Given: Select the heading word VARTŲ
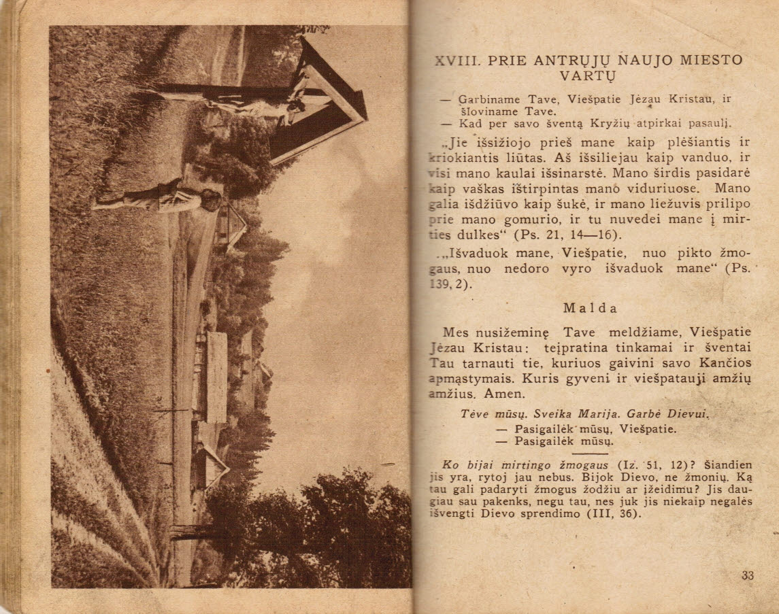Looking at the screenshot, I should pos(587,75).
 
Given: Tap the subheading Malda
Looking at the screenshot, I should pos(590,307).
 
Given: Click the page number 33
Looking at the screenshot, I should pos(747,575).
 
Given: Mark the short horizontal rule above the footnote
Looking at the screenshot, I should pos(590,454).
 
